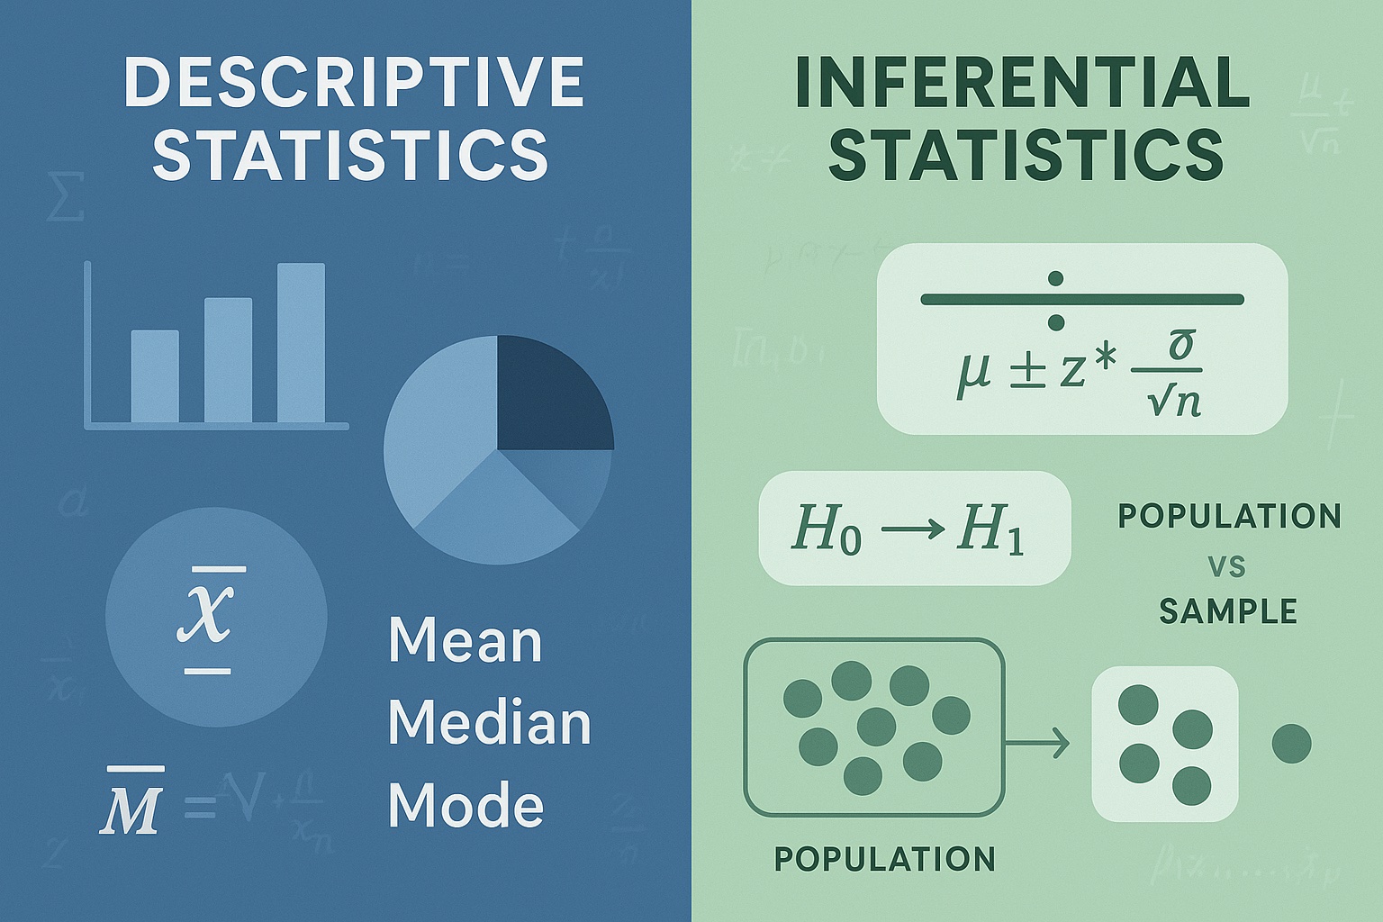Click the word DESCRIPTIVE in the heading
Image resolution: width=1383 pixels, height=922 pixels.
pyautogui.click(x=353, y=83)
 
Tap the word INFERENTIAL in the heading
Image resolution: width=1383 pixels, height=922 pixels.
pyautogui.click(x=1022, y=83)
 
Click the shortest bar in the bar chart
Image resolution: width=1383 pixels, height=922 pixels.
pyautogui.click(x=155, y=375)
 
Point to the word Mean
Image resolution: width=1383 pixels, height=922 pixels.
pyautogui.click(x=465, y=640)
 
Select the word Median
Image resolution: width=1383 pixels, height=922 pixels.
pyautogui.click(x=489, y=723)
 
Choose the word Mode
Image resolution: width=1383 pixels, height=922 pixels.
pyautogui.click(x=466, y=804)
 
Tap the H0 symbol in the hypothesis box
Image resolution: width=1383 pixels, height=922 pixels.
pyautogui.click(x=825, y=529)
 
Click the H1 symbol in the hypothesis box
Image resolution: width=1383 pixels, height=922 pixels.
pyautogui.click(x=990, y=529)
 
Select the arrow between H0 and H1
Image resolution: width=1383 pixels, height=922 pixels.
pyautogui.click(x=908, y=529)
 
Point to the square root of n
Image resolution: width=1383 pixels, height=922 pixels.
pyautogui.click(x=1175, y=401)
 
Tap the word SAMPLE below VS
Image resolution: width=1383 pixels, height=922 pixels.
pyautogui.click(x=1227, y=611)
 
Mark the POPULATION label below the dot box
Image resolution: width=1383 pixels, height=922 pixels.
pyautogui.click(x=884, y=859)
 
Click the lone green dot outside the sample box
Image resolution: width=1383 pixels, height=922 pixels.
pyautogui.click(x=1291, y=744)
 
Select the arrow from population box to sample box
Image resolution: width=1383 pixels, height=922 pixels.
pyautogui.click(x=1037, y=744)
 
